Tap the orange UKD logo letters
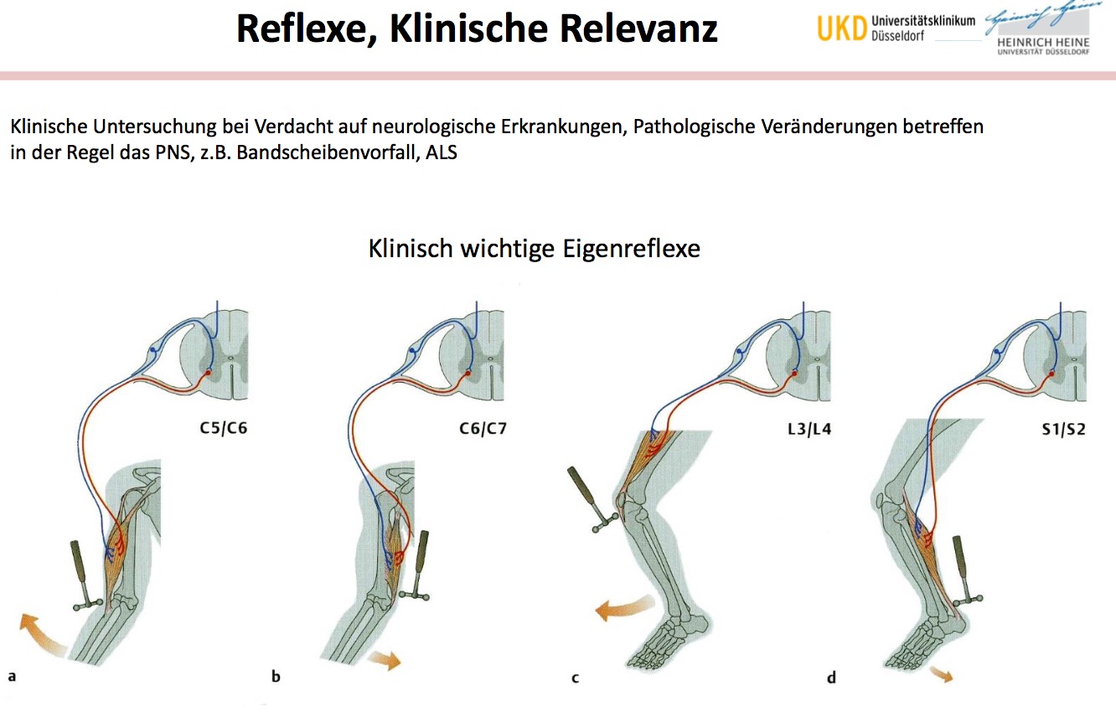pos(841,29)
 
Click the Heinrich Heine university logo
pos(1036,34)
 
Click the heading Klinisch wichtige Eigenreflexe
pos(534,249)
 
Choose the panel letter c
pos(575,677)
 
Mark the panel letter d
pos(831,677)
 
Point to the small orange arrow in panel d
pos(942,674)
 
